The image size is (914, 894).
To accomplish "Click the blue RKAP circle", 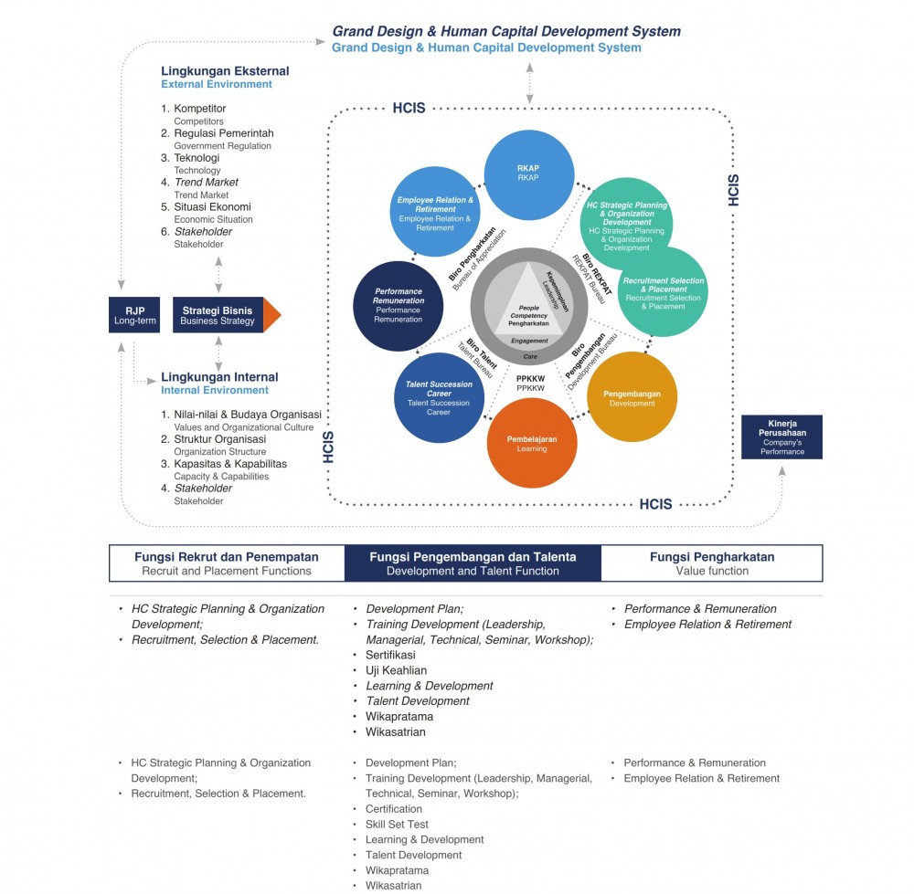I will tap(529, 174).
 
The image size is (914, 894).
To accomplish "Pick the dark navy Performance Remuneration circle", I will tap(398, 306).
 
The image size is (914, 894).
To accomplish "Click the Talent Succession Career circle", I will tap(438, 399).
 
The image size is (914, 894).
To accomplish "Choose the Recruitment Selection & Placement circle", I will tap(663, 292).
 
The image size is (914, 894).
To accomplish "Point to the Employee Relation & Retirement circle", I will tap(434, 213).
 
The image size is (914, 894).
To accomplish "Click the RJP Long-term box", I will tap(135, 315).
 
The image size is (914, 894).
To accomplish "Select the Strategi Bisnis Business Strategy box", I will tap(218, 315).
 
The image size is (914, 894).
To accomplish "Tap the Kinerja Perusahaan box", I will tap(781, 437).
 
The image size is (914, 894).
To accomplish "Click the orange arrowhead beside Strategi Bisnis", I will tap(271, 315).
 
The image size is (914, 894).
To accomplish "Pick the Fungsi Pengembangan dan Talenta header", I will tap(473, 563).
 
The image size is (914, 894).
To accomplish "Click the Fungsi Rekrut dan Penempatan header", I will tap(227, 563).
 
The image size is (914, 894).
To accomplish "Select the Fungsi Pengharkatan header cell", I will tap(712, 563).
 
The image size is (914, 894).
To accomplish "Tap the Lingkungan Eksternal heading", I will tap(225, 71).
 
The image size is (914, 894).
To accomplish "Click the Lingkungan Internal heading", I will tap(219, 377).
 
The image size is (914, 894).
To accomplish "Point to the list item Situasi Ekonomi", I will tap(212, 207).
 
